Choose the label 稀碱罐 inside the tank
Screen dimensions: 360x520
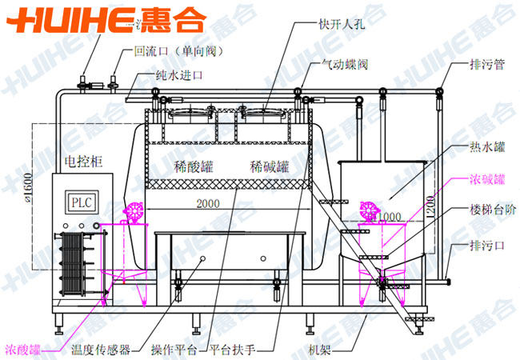[268, 168]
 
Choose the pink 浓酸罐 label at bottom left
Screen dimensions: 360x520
[25, 350]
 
